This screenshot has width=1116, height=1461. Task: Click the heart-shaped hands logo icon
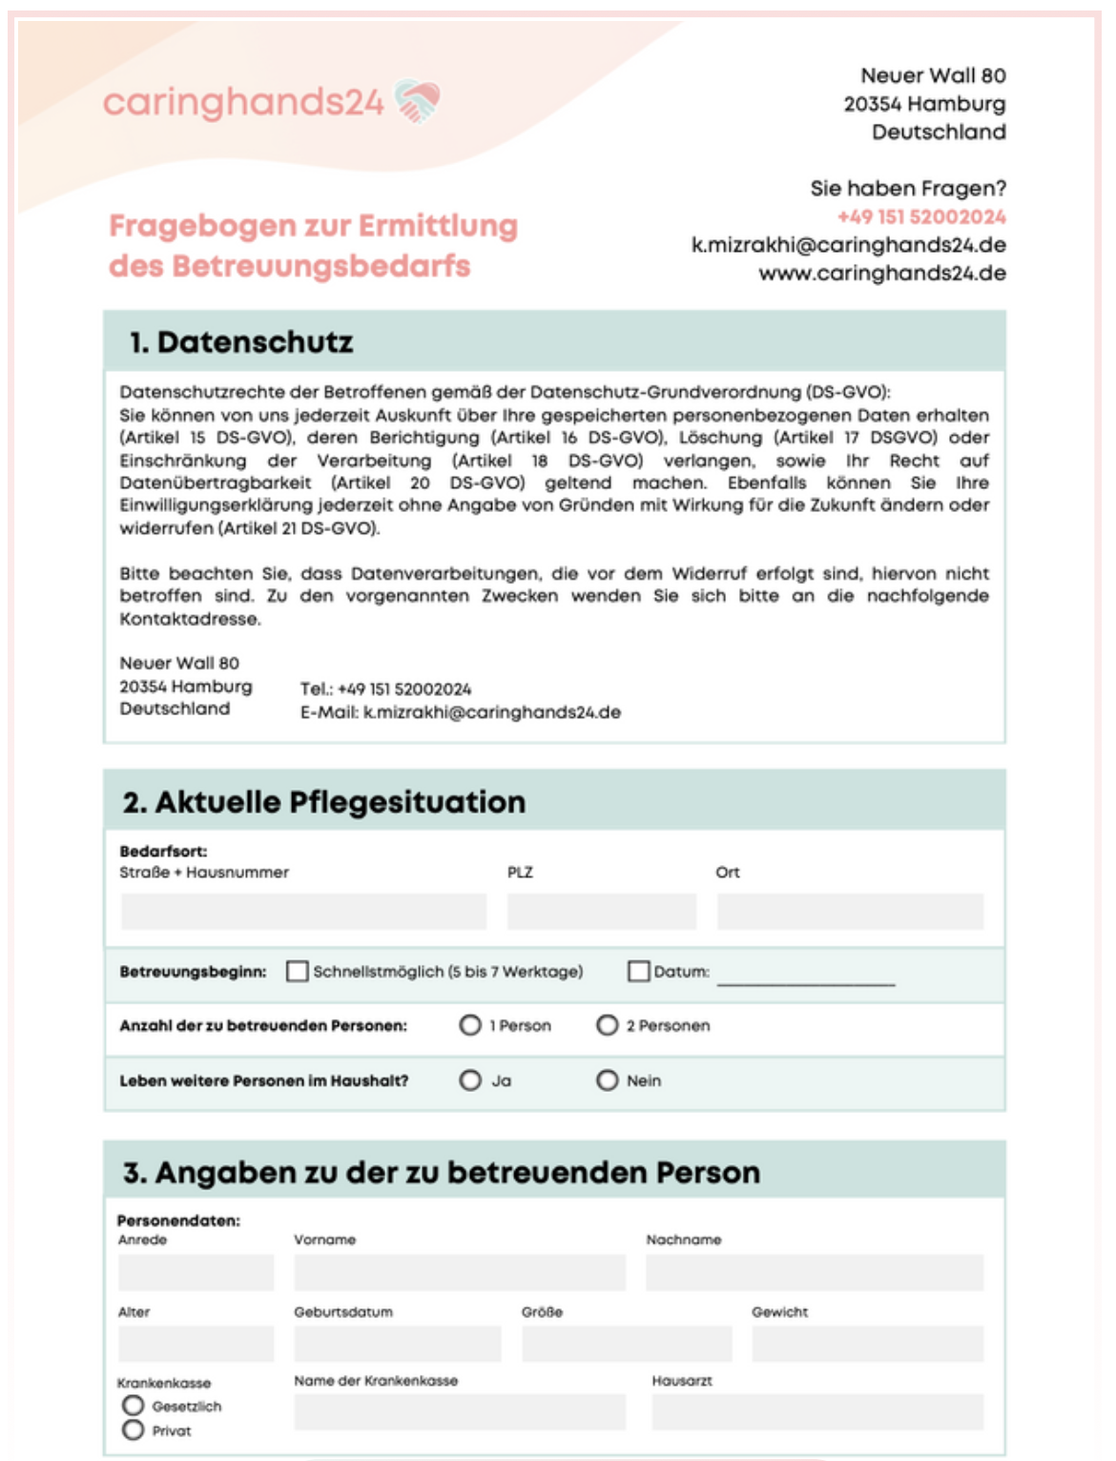click(417, 101)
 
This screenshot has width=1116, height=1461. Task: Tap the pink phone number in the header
click(921, 216)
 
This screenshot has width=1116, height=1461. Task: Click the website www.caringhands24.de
click(882, 274)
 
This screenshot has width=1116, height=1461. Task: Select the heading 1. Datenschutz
click(241, 341)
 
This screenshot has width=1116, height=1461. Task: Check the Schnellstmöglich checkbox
click(298, 971)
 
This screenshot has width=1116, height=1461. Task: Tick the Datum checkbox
click(638, 971)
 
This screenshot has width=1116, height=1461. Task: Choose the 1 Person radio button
click(470, 1025)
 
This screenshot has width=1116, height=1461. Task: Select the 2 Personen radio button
click(608, 1025)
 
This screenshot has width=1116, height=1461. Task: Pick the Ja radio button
click(470, 1080)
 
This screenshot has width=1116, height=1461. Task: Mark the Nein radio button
click(608, 1080)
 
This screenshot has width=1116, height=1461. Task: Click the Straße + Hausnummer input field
click(303, 912)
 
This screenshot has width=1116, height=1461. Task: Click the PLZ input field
click(601, 912)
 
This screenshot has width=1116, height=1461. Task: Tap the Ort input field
click(850, 912)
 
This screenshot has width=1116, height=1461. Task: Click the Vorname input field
click(460, 1273)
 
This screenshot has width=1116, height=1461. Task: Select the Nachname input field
click(815, 1273)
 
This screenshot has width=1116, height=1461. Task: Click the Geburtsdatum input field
click(397, 1344)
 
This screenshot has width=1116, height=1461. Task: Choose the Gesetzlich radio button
click(134, 1406)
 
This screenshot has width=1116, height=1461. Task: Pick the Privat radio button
click(134, 1430)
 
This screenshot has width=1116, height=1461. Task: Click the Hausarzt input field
click(817, 1412)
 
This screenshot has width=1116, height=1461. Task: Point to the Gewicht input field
click(867, 1344)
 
